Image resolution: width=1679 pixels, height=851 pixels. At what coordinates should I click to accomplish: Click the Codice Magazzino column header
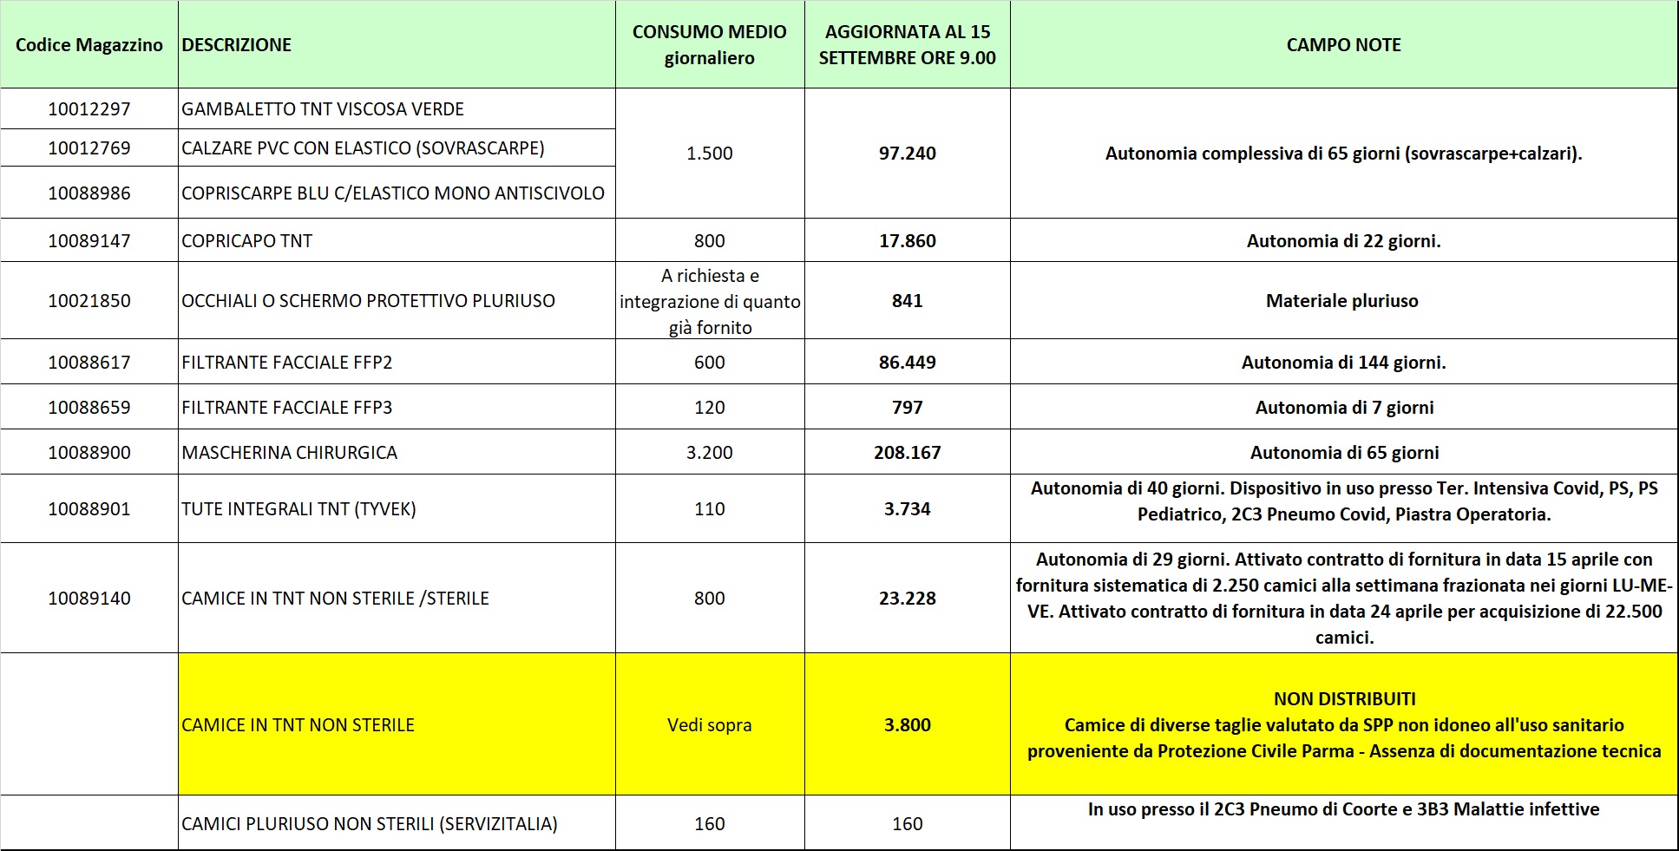[89, 45]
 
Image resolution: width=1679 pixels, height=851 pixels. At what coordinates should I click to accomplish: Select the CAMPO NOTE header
[1343, 45]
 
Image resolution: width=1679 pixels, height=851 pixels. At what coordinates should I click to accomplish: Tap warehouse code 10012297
[89, 109]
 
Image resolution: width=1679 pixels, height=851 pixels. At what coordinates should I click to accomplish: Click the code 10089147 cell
[89, 241]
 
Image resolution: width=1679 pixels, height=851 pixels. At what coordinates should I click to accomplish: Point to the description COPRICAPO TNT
[246, 241]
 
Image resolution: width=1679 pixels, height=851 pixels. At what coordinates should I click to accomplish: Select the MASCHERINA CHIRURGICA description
[289, 453]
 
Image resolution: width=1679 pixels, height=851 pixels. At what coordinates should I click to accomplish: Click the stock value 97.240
[907, 154]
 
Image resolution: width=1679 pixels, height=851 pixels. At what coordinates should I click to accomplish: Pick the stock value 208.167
[907, 453]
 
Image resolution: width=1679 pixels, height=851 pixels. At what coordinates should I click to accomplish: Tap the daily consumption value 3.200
[709, 453]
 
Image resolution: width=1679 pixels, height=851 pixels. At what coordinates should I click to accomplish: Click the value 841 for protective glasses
[907, 301]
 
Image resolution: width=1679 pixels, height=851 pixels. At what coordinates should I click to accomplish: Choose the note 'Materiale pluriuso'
[1341, 301]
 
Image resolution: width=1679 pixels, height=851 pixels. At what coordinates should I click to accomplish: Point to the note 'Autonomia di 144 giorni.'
[1343, 363]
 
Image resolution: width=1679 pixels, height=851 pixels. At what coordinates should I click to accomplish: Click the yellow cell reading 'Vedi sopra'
[709, 725]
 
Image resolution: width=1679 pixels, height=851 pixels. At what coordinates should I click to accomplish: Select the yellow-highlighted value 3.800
[907, 725]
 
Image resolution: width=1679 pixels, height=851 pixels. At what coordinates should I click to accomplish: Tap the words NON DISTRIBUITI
[1344, 699]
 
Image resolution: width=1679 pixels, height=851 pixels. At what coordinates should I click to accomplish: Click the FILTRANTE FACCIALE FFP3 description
[286, 408]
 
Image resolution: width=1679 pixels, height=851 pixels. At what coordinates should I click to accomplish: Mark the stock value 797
[907, 408]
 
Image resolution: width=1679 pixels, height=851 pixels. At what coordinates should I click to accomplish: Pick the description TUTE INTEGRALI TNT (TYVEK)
[298, 509]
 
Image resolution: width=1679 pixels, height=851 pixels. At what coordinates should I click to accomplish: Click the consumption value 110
[709, 509]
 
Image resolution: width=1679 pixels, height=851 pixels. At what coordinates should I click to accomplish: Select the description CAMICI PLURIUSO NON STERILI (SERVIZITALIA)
[369, 824]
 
